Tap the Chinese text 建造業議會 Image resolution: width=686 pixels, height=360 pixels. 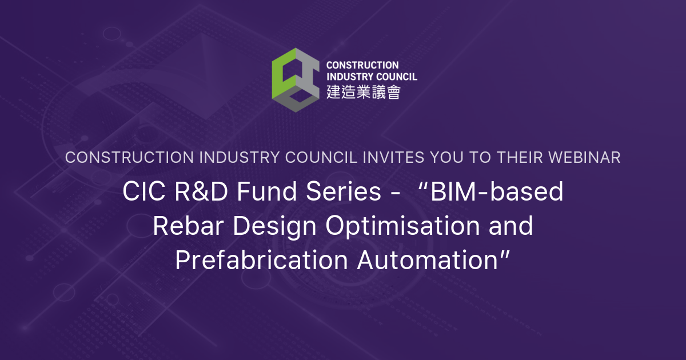[363, 92]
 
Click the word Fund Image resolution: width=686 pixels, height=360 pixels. [253, 193]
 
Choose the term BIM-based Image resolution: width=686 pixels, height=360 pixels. [496, 193]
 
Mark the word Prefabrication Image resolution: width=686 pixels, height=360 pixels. [261, 260]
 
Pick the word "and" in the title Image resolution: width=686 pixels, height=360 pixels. [510, 226]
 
